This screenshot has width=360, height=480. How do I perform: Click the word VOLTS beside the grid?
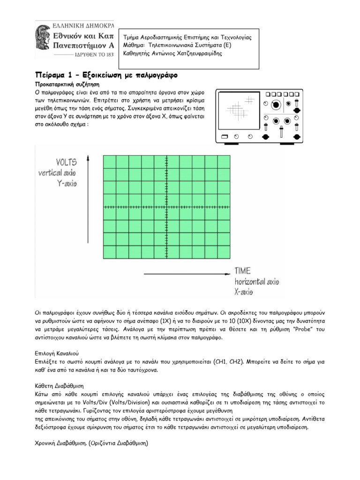coord(67,163)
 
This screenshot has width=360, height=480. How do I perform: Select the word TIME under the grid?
coord(243,270)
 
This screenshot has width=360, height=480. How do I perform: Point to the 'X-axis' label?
coord(243,292)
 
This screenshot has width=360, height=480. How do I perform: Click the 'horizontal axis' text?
coord(257,281)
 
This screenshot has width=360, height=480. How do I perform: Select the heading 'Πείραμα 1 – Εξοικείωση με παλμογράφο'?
coord(106,75)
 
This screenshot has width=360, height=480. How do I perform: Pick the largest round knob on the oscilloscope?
coord(277,104)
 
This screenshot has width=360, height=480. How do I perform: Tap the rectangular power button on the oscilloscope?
coord(224,136)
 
